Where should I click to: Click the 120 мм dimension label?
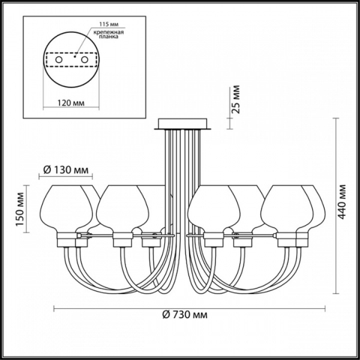pyautogui.click(x=71, y=103)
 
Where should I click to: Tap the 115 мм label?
pyautogui.click(x=109, y=24)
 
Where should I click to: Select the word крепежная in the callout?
pyautogui.click(x=109, y=32)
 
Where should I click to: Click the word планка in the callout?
pyautogui.click(x=108, y=37)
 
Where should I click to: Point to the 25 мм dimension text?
pyautogui.click(x=236, y=100)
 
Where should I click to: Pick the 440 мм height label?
pyautogui.click(x=341, y=202)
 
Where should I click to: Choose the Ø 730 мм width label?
pyautogui.click(x=185, y=314)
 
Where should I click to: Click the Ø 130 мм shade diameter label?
pyautogui.click(x=65, y=170)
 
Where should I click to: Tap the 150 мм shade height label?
pyautogui.click(x=20, y=209)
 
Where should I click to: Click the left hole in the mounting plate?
pyautogui.click(x=59, y=60)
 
